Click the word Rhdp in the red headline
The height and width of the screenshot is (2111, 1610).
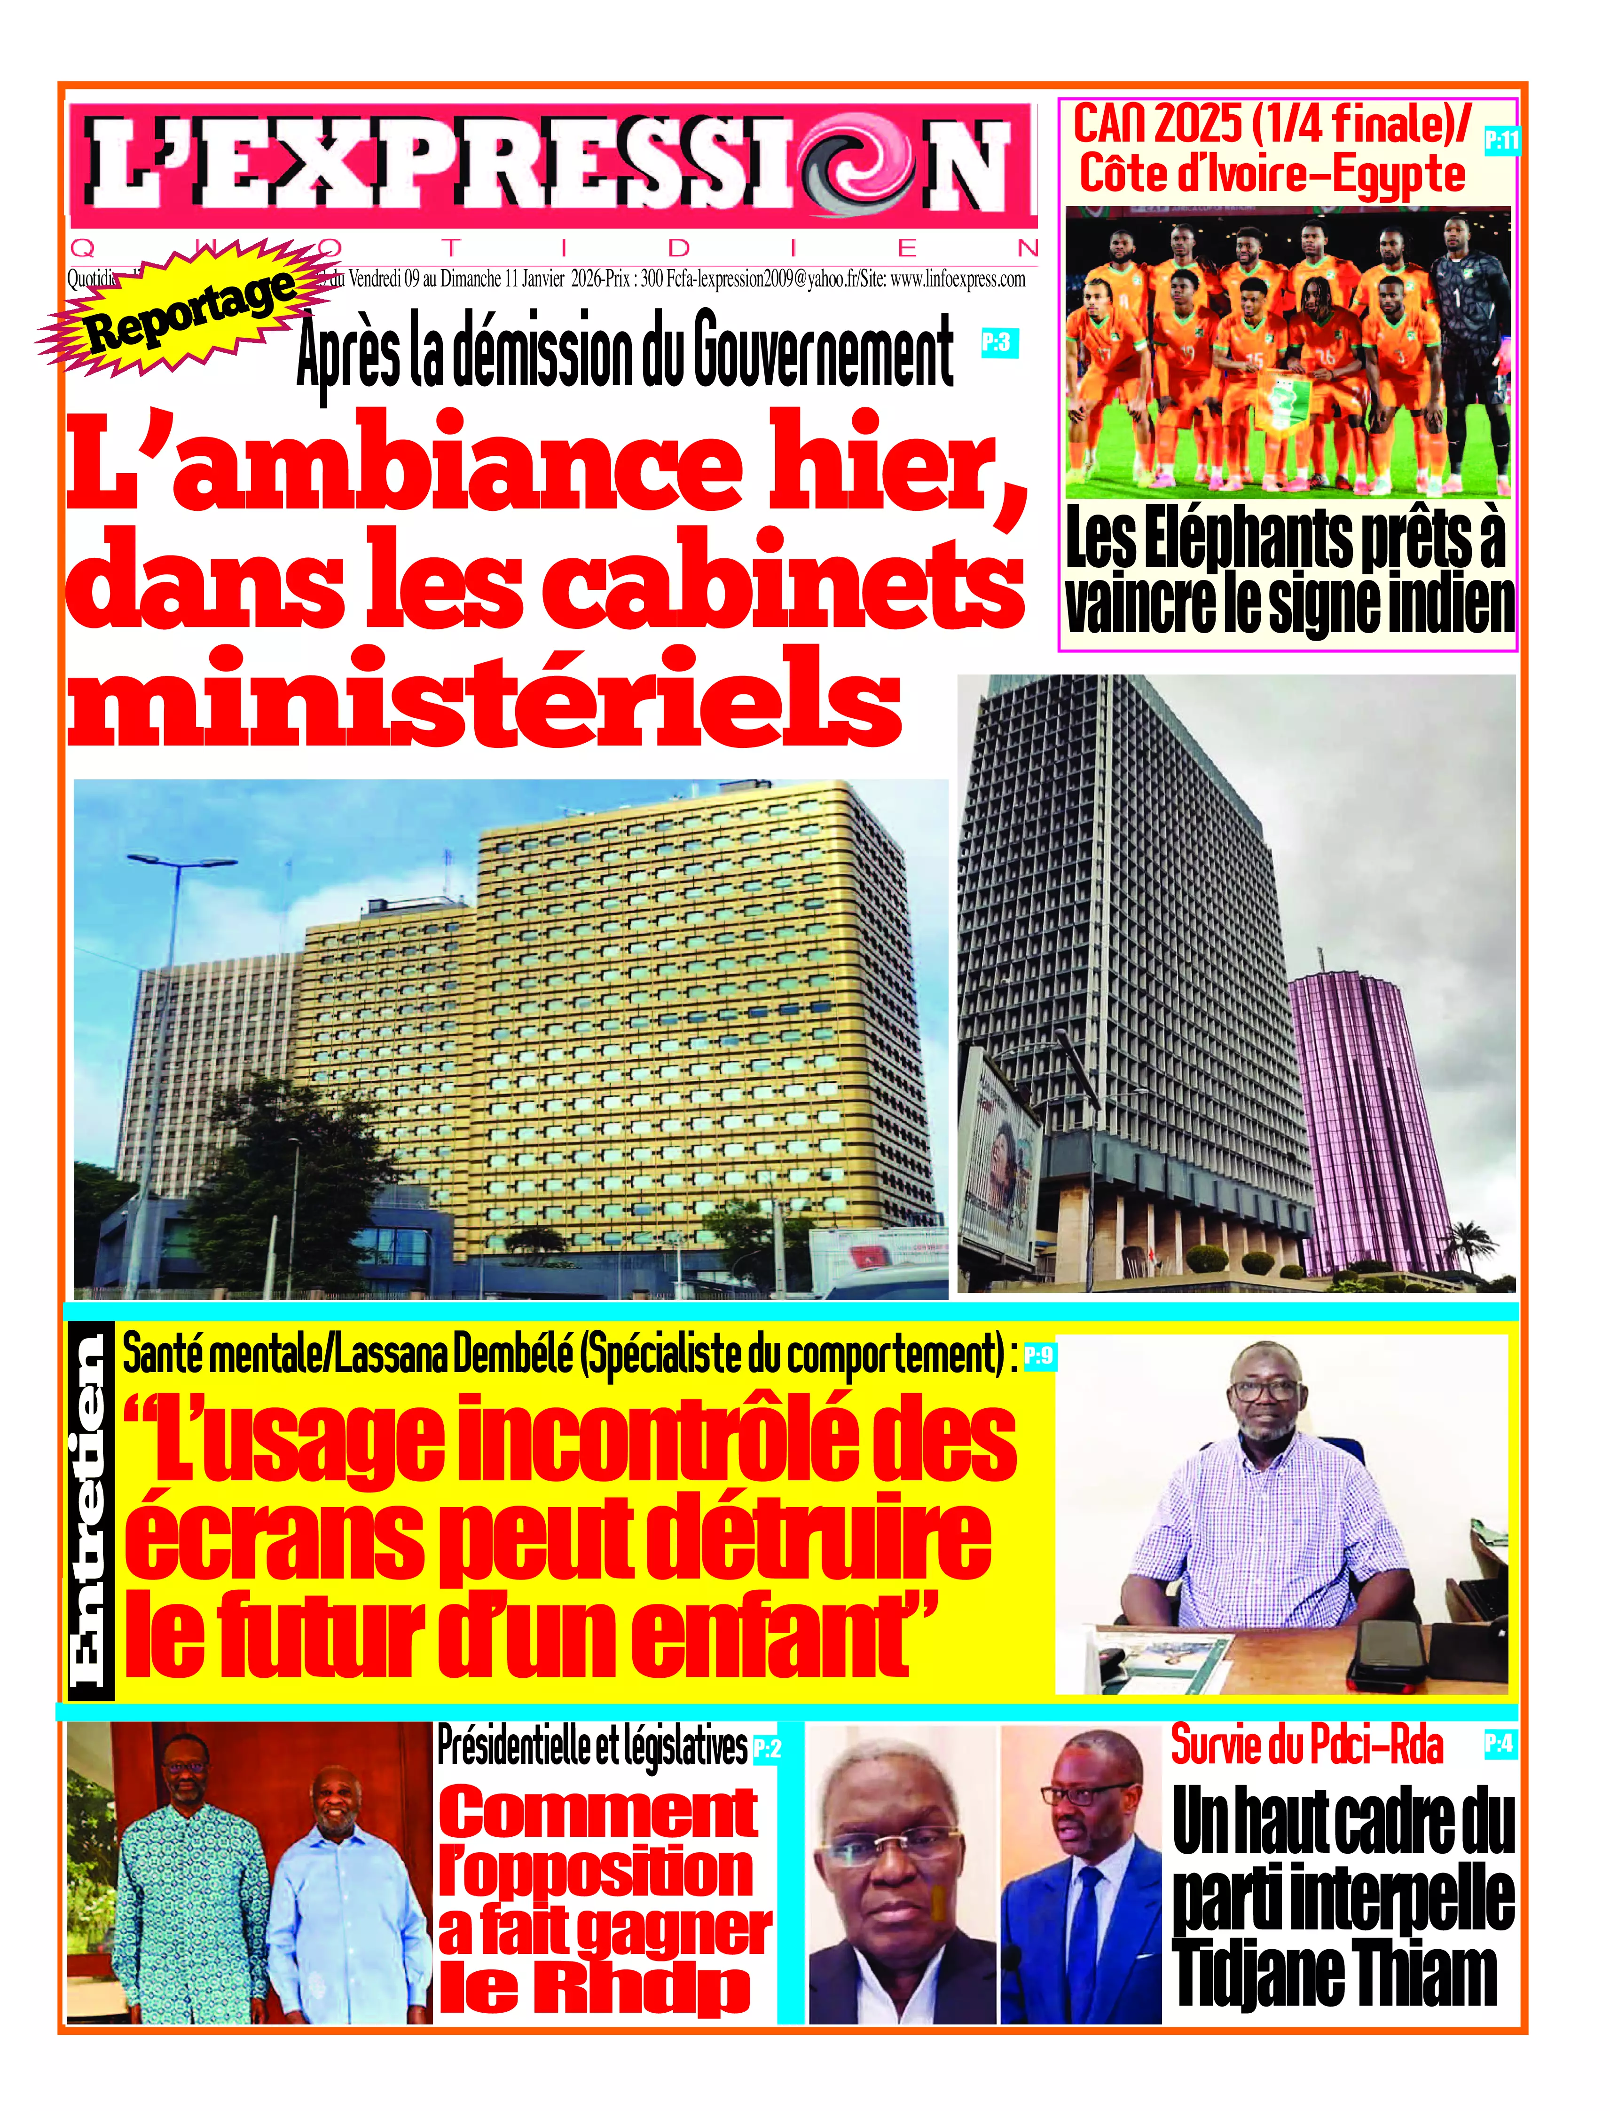[594, 1988]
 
